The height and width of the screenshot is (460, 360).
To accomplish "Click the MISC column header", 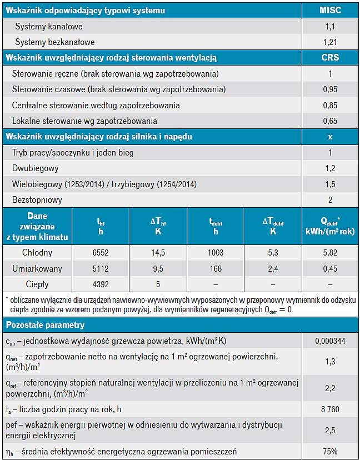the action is pyautogui.click(x=330, y=11).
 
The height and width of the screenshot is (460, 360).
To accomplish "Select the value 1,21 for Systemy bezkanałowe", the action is pyautogui.click(x=330, y=42).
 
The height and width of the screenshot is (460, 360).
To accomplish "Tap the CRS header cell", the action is pyautogui.click(x=330, y=58).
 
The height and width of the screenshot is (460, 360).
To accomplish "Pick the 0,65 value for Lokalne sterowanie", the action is pyautogui.click(x=330, y=121).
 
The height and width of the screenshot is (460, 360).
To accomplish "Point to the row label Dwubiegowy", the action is pyautogui.click(x=35, y=168).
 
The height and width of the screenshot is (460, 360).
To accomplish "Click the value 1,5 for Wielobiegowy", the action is pyautogui.click(x=330, y=184).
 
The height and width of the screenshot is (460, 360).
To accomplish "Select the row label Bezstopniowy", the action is pyautogui.click(x=37, y=200).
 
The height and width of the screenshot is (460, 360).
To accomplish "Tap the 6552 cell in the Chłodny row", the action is pyautogui.click(x=101, y=253).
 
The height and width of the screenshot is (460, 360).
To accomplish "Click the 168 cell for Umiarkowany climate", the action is pyautogui.click(x=216, y=268).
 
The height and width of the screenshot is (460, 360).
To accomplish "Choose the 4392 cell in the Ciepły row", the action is pyautogui.click(x=101, y=284).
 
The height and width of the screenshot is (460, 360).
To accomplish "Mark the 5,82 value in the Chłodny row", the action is pyautogui.click(x=330, y=253).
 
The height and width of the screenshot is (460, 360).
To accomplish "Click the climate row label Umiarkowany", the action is pyautogui.click(x=37, y=269).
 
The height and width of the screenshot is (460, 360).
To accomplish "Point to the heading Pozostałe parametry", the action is pyautogui.click(x=45, y=325).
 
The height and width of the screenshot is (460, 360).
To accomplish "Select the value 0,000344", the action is pyautogui.click(x=330, y=341).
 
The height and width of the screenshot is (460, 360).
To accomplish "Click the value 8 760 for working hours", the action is pyautogui.click(x=330, y=409).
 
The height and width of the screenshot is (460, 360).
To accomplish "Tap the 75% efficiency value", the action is pyautogui.click(x=330, y=451).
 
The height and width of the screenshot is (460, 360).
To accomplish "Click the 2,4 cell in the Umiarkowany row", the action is pyautogui.click(x=273, y=268).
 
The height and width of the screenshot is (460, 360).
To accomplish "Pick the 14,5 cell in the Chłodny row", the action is pyautogui.click(x=158, y=253).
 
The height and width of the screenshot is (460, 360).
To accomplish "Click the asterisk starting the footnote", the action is pyautogui.click(x=7, y=299).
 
